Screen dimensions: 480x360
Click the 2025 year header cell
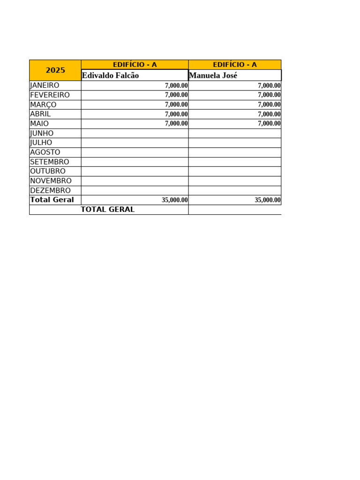tap(55, 70)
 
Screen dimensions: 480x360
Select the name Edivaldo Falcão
tap(111, 75)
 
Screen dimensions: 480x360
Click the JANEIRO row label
tap(45, 85)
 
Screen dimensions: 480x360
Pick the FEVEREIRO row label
tap(50, 95)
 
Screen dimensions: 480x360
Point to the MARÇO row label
tap(43, 105)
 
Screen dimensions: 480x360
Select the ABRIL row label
tap(40, 114)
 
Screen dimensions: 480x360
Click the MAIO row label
tap(39, 124)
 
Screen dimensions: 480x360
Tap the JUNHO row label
tap(42, 133)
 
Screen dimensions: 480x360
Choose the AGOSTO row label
tap(45, 152)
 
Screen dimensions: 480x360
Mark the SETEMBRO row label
tap(50, 162)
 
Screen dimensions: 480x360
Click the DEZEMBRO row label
tap(50, 190)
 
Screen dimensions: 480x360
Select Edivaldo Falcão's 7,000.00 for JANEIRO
tap(176, 86)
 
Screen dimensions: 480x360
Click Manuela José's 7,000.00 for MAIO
tap(269, 124)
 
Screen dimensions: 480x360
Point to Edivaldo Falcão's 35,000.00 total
tap(175, 200)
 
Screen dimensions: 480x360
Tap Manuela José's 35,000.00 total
tap(268, 200)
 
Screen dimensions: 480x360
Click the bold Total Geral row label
tap(52, 200)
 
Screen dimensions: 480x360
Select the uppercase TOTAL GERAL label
tap(108, 210)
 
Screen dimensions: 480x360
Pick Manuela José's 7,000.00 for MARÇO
tap(269, 105)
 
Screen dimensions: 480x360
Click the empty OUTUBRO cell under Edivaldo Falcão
tap(135, 172)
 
